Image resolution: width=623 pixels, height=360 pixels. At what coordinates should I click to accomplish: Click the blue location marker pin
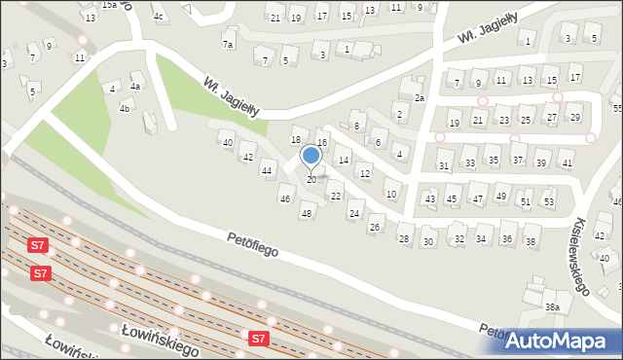311,156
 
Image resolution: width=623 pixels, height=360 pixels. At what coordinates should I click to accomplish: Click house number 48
307,213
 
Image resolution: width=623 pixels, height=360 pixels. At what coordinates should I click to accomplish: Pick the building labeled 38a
553,306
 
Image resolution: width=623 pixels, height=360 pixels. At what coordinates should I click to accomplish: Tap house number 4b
125,108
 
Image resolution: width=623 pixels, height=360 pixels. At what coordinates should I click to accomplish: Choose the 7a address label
228,45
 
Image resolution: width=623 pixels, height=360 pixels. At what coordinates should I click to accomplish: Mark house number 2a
421,98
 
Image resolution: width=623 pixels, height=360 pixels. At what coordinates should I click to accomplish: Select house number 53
548,202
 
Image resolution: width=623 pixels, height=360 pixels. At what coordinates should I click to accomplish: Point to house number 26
375,228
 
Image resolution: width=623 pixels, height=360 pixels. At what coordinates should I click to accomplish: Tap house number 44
266,171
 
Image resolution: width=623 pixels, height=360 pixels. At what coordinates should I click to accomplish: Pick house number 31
444,166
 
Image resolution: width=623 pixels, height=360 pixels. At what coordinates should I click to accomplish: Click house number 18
296,140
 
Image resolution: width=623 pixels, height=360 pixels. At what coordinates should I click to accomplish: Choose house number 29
574,118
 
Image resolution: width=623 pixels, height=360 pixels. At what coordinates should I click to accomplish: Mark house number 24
354,213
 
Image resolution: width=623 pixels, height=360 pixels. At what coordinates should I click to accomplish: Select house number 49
501,197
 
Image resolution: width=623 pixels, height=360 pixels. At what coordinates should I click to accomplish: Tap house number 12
364,174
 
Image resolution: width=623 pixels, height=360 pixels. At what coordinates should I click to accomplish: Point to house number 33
469,162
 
